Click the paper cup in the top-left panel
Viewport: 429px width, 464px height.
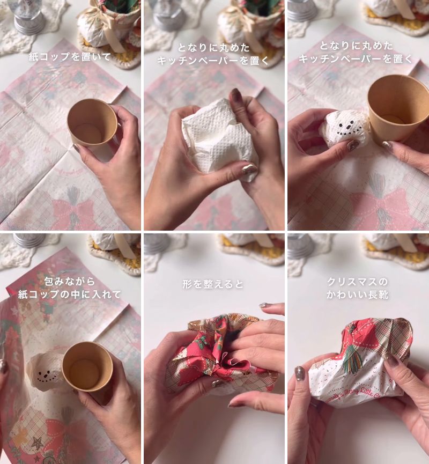pyautogui.click(x=92, y=123)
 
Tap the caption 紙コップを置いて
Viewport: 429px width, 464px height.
pyautogui.click(x=70, y=56)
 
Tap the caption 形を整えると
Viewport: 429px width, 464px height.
pyautogui.click(x=213, y=284)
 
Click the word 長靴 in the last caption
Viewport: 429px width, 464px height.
pyautogui.click(x=377, y=294)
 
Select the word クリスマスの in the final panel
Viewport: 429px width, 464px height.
pyautogui.click(x=357, y=282)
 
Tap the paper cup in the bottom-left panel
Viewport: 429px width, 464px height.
pyautogui.click(x=87, y=366)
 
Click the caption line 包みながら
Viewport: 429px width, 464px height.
pyautogui.click(x=70, y=281)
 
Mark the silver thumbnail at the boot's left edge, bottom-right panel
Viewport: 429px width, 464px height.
pyautogui.click(x=299, y=374)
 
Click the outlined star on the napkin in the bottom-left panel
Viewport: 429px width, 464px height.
pyautogui.click(x=38, y=443)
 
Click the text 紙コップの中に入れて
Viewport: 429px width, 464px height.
pyautogui.click(x=70, y=294)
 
